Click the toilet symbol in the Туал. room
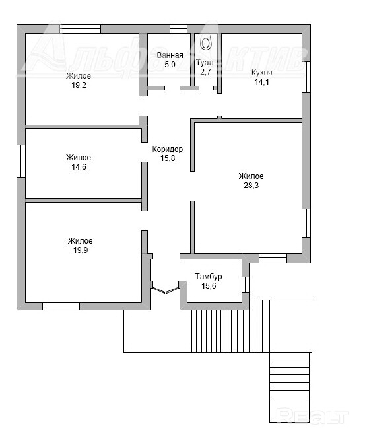[x=206, y=42]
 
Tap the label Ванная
[x=170, y=55]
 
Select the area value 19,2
[x=79, y=85]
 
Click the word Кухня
[x=262, y=73]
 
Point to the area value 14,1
[x=262, y=82]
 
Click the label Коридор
[x=168, y=149]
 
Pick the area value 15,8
[x=168, y=158]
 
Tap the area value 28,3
[x=251, y=186]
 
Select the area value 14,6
[x=79, y=167]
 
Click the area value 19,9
[x=81, y=250]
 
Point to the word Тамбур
[x=209, y=277]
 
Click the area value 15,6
[x=209, y=286]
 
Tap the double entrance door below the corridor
[x=166, y=290]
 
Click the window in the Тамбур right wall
[x=246, y=285]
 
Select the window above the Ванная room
[x=178, y=29]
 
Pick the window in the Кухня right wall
[x=306, y=77]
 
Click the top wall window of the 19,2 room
[x=81, y=29]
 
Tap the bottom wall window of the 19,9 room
[x=61, y=306]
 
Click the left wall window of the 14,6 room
[x=21, y=161]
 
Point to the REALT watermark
[x=312, y=416]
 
